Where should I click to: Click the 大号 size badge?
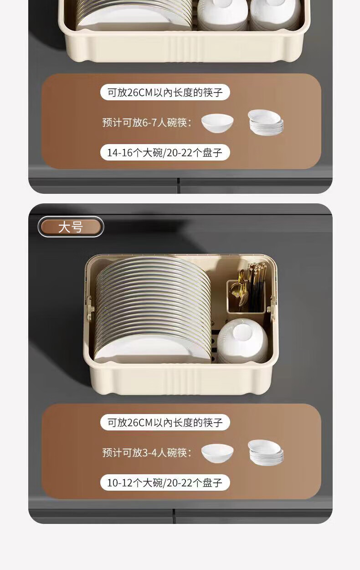71,227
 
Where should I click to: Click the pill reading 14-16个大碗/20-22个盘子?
165,153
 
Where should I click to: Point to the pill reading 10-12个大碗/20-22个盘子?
165,482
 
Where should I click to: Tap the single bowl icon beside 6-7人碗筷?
217,123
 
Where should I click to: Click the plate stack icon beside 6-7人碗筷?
266,122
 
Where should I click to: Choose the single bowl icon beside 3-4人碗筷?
217,453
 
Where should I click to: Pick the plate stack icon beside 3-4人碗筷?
266,452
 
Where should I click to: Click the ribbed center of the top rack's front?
184,49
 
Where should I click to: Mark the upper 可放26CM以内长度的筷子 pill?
165,92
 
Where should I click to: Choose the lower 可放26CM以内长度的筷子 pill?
165,422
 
